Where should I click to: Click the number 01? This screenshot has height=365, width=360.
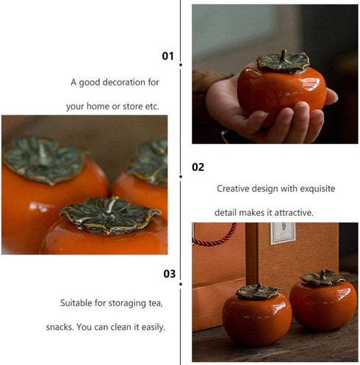(168, 56)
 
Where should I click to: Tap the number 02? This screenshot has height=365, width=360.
(198, 167)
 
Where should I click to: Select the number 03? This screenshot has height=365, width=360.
(170, 274)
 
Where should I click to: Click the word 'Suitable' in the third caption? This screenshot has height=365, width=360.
(76, 303)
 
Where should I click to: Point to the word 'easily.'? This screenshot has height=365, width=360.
(151, 327)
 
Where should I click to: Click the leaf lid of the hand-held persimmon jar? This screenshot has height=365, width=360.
(282, 62)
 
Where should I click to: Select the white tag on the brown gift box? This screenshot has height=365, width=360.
(282, 232)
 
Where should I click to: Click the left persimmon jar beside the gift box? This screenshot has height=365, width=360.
(257, 317)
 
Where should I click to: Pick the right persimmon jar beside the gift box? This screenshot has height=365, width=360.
(323, 301)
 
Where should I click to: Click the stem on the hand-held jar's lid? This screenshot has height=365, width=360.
(283, 55)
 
